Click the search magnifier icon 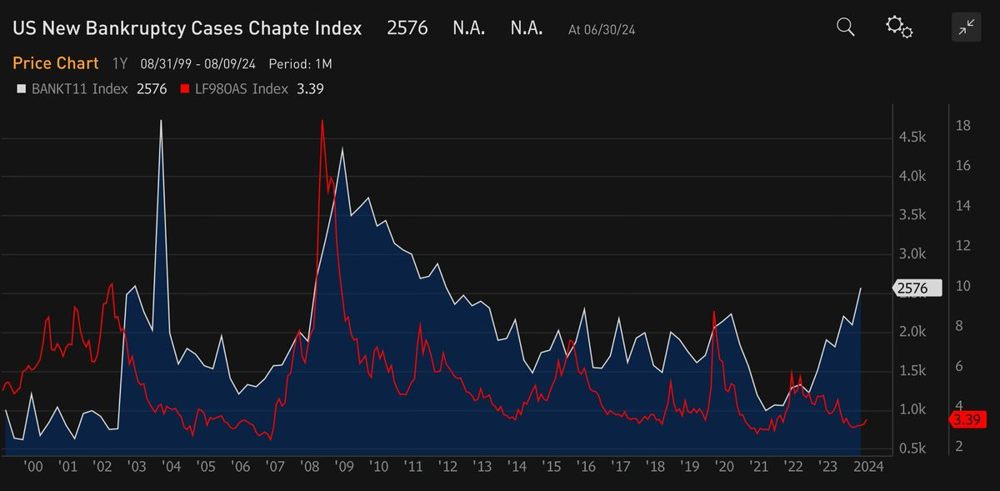[845, 28]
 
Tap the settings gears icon [899, 28]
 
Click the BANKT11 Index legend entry [78, 89]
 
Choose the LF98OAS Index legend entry [241, 89]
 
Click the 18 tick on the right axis [962, 126]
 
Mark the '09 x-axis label [342, 467]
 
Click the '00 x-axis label [33, 467]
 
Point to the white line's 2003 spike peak [161, 121]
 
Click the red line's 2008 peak [322, 121]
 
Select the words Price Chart [55, 63]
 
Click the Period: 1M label [300, 64]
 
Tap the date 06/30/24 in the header [614, 30]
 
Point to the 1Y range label [120, 64]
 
